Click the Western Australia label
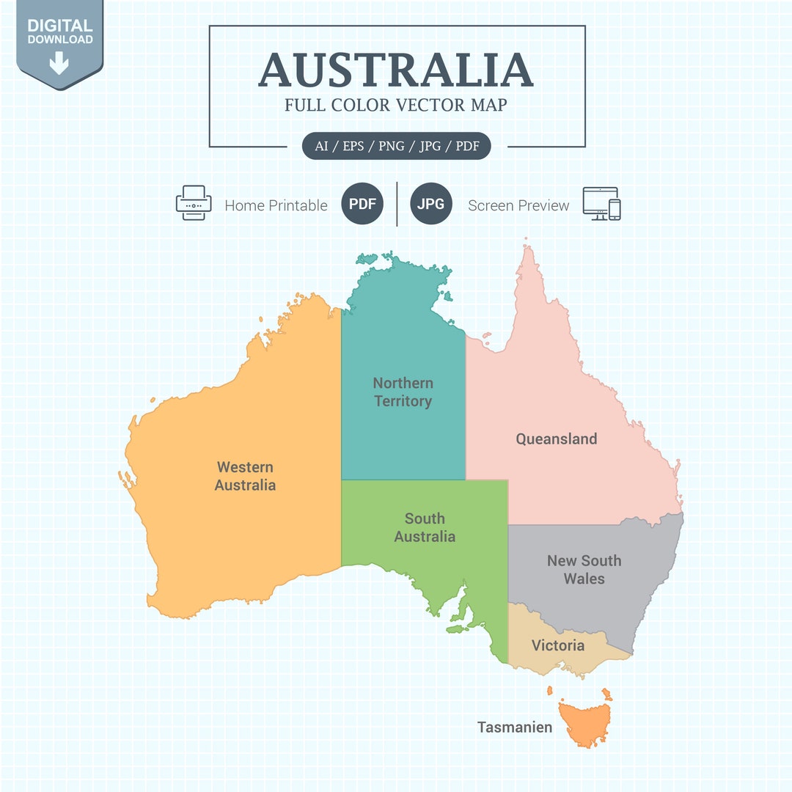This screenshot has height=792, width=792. tap(245, 476)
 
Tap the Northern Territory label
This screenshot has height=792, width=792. tap(403, 392)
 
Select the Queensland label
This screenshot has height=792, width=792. tap(556, 439)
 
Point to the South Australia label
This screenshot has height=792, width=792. tap(425, 527)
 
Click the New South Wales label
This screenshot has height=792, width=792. tap(584, 569)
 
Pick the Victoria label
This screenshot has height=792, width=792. tap(558, 645)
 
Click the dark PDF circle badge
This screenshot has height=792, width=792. tap(362, 204)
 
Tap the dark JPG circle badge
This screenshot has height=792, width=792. tap(430, 204)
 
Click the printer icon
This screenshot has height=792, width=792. tap(194, 203)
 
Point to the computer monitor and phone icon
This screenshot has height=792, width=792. tap(601, 203)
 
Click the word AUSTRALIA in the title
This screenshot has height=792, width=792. tap(396, 70)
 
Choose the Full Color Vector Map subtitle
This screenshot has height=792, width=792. tap(396, 105)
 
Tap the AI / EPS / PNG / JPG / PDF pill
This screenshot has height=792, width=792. tap(397, 146)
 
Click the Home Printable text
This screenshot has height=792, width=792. tap(276, 205)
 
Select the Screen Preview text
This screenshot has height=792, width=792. tap(518, 205)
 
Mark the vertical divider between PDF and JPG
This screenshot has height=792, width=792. tap(397, 204)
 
